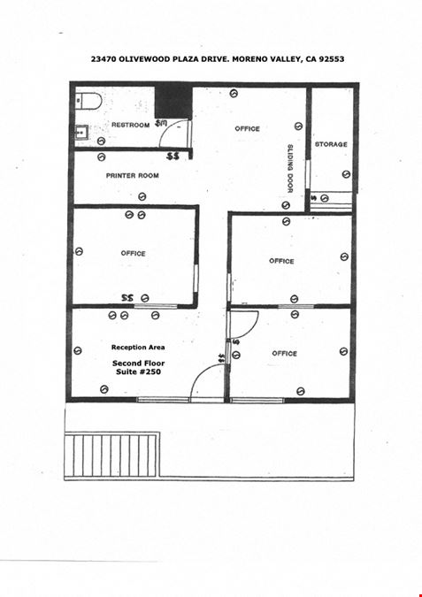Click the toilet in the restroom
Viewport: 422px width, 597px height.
88,101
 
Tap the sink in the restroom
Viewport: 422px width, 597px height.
81,133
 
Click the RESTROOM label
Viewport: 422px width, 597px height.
130,125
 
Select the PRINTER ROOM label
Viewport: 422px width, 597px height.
132,175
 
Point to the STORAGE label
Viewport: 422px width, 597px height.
331,144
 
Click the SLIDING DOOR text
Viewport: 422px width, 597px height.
290,168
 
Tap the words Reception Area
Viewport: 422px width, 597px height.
138,348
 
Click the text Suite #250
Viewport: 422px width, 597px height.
138,371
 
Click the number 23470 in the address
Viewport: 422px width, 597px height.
104,59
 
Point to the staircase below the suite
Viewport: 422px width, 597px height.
111,455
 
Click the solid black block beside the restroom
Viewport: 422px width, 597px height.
173,102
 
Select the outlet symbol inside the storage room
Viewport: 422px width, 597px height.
346,174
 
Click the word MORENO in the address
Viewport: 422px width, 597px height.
251,59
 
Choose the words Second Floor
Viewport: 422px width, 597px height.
139,364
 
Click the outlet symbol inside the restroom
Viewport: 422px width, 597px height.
101,141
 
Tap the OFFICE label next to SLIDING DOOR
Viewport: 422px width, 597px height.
247,129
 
